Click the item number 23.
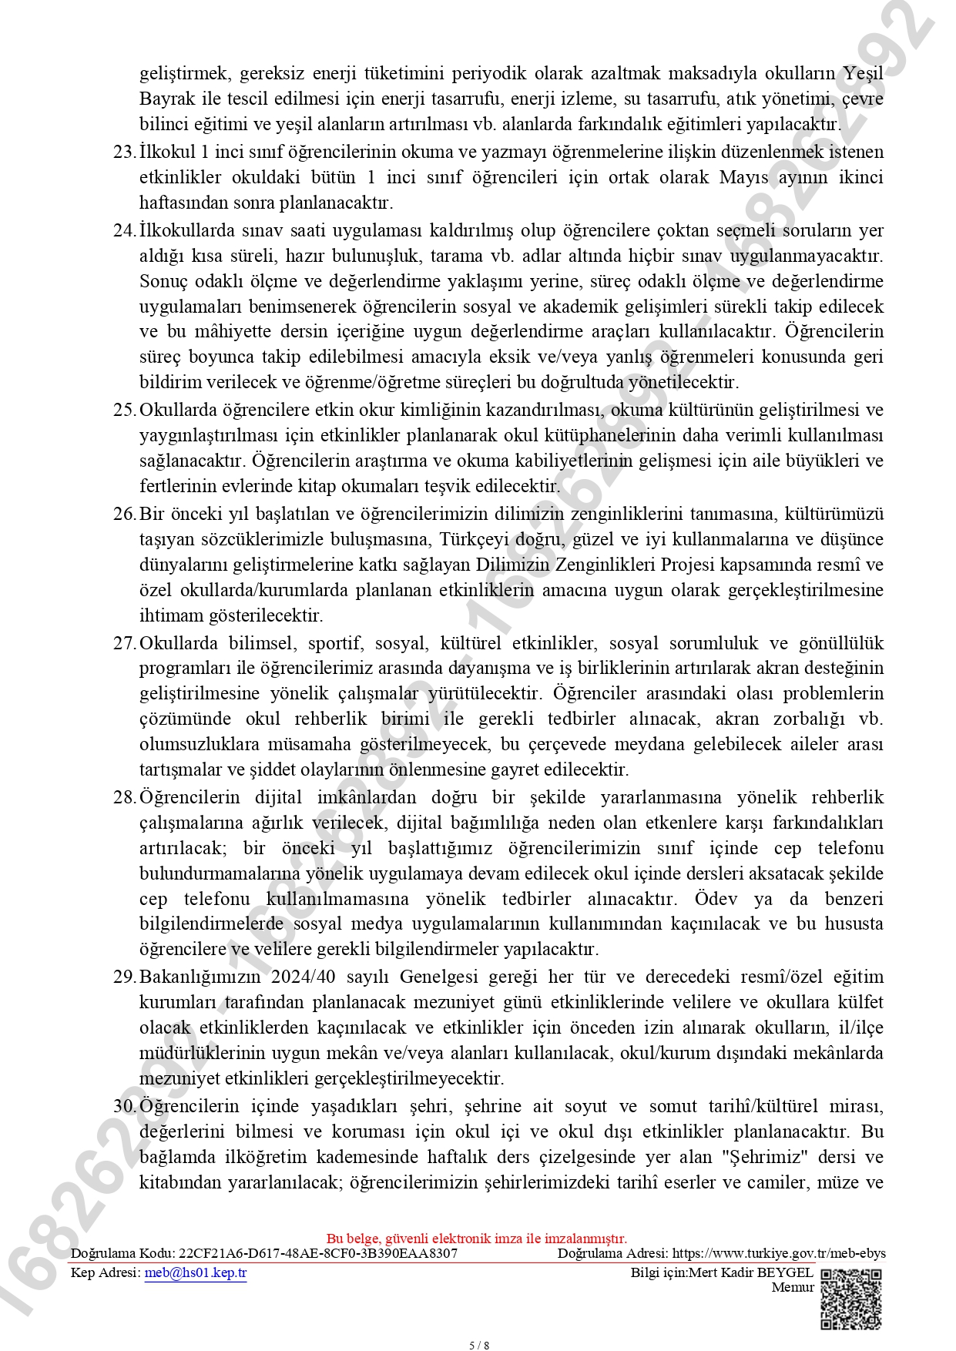124,152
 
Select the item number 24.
124,230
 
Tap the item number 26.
124,514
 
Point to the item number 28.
124,797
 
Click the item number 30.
124,1107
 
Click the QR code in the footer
850,1299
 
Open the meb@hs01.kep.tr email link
196,1272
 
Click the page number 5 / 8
479,1346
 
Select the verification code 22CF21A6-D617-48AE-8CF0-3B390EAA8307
318,1253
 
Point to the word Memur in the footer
793,1287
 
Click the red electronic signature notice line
477,1239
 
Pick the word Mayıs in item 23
743,177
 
